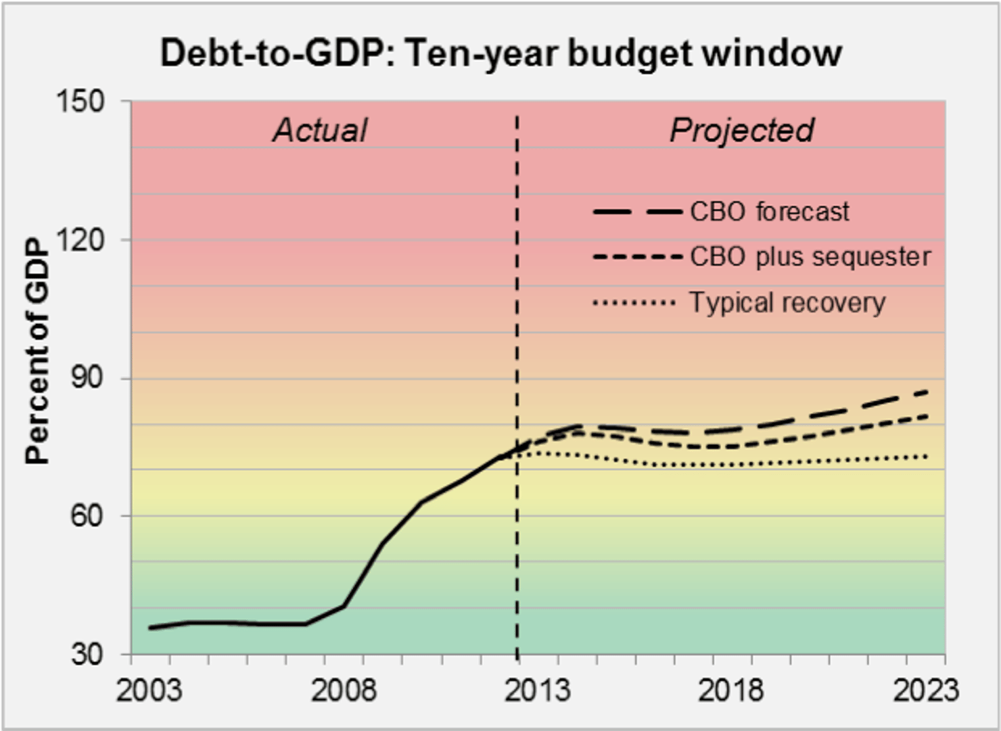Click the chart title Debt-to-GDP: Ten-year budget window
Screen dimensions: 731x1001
point(500,53)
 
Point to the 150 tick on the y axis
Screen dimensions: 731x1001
point(80,101)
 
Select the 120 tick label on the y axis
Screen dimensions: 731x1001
point(80,239)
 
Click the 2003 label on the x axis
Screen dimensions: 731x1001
point(149,690)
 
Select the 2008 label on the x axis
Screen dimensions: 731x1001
point(343,690)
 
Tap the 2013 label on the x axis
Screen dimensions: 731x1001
point(537,690)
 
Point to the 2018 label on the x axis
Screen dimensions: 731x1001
point(730,690)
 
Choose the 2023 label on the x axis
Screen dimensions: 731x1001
point(925,690)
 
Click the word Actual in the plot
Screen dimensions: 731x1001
point(320,130)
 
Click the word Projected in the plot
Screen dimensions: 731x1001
point(742,130)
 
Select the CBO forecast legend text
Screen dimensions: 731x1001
point(769,212)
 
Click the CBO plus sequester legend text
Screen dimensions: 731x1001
point(810,257)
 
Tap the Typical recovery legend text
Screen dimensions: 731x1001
point(787,302)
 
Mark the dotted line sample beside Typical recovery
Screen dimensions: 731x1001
point(634,302)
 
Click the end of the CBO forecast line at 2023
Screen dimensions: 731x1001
point(926,392)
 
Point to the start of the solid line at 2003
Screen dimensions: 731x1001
point(150,628)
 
